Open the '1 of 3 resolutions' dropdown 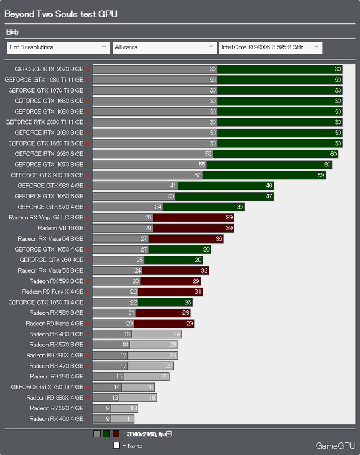click(x=58, y=47)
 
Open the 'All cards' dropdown click(x=163, y=47)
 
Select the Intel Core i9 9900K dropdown click(x=271, y=47)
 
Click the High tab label click(x=12, y=32)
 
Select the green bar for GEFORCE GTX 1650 click(x=181, y=249)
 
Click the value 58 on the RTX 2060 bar click(x=208, y=154)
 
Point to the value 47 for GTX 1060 click(x=269, y=196)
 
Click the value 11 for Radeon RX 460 click(x=130, y=418)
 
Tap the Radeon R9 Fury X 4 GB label click(x=53, y=292)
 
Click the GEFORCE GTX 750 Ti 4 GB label click(x=47, y=387)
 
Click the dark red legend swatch click(x=116, y=434)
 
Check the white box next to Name click(x=116, y=445)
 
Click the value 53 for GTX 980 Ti click(x=198, y=175)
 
